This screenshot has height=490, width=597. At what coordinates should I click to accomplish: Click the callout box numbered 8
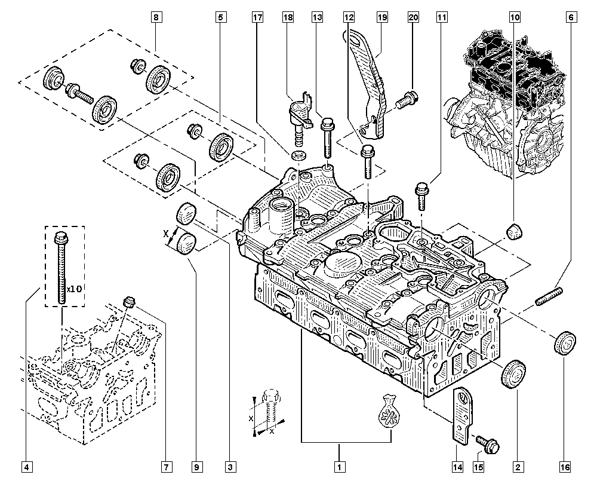[156, 17]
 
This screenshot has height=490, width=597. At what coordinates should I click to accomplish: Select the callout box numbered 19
[382, 17]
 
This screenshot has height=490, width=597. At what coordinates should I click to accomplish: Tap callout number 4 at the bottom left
[26, 467]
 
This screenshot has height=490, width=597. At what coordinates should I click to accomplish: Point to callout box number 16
[565, 467]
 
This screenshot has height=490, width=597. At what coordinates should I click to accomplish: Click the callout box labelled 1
[340, 467]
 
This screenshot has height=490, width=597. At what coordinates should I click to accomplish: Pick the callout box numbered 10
[515, 17]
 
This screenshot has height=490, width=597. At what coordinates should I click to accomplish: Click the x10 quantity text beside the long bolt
[74, 289]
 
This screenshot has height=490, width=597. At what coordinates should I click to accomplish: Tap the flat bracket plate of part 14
[462, 415]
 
